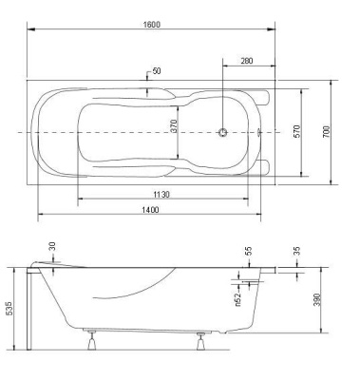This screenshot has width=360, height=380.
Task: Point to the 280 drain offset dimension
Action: (x=247, y=63)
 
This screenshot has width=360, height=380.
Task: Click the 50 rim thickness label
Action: (x=156, y=72)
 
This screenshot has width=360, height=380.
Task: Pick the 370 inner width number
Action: (x=174, y=130)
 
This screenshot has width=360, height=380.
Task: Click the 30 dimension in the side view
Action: (x=53, y=247)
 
